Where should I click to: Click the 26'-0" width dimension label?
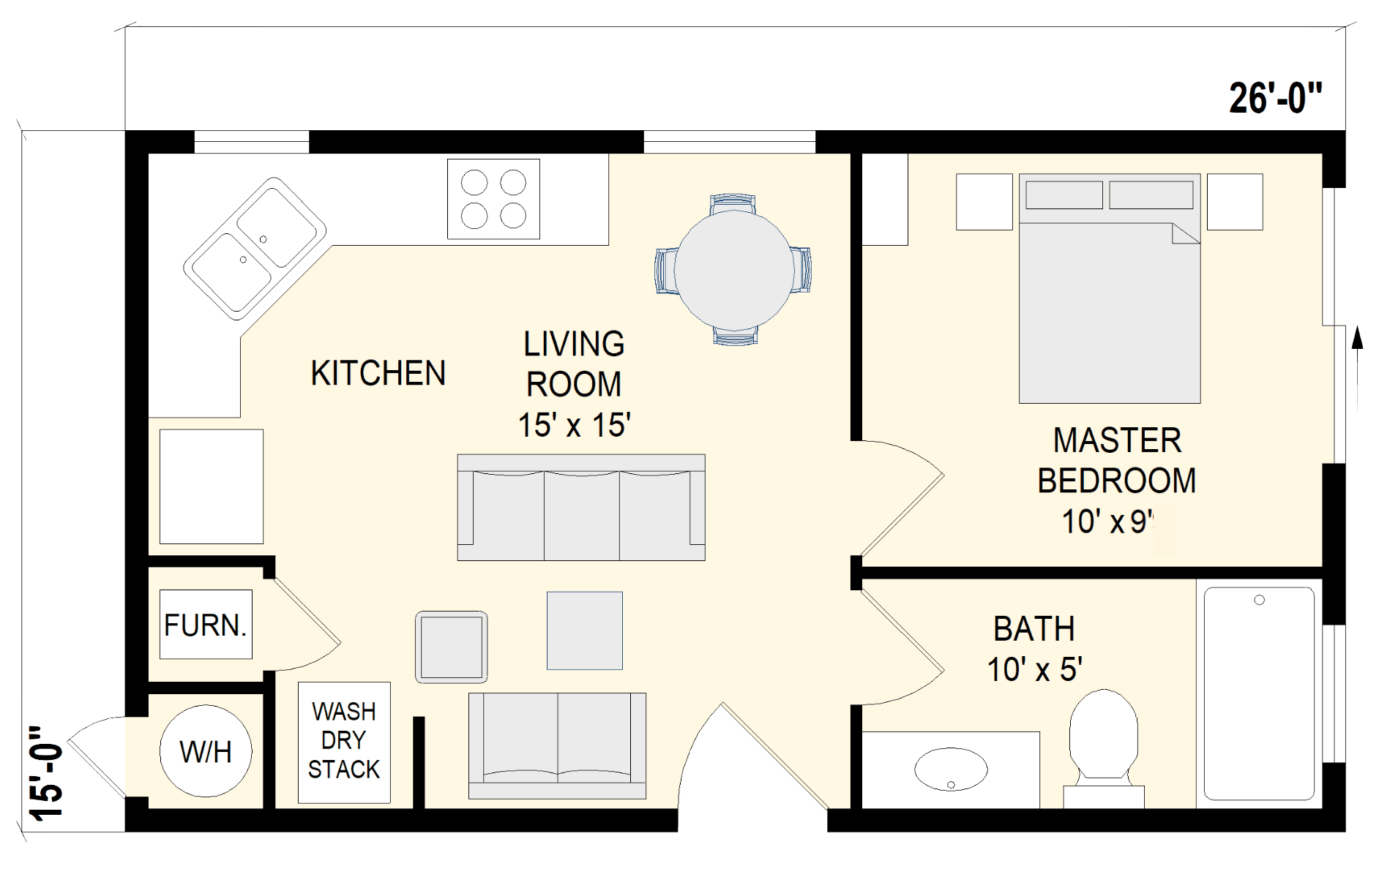click(x=1276, y=98)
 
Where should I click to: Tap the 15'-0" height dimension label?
click(x=46, y=772)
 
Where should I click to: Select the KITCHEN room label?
click(x=378, y=374)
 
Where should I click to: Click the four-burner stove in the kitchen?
click(x=493, y=199)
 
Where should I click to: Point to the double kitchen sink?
click(x=255, y=249)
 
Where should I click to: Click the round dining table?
click(x=733, y=269)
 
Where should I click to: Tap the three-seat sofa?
click(x=581, y=508)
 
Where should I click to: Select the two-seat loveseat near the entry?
click(x=557, y=746)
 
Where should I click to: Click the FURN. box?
click(x=206, y=625)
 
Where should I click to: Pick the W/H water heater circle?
click(x=206, y=751)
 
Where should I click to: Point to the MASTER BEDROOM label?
click(x=1116, y=461)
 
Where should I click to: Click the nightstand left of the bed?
click(x=984, y=202)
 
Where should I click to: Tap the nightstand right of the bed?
click(x=1235, y=202)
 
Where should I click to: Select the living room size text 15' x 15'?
click(x=574, y=425)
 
